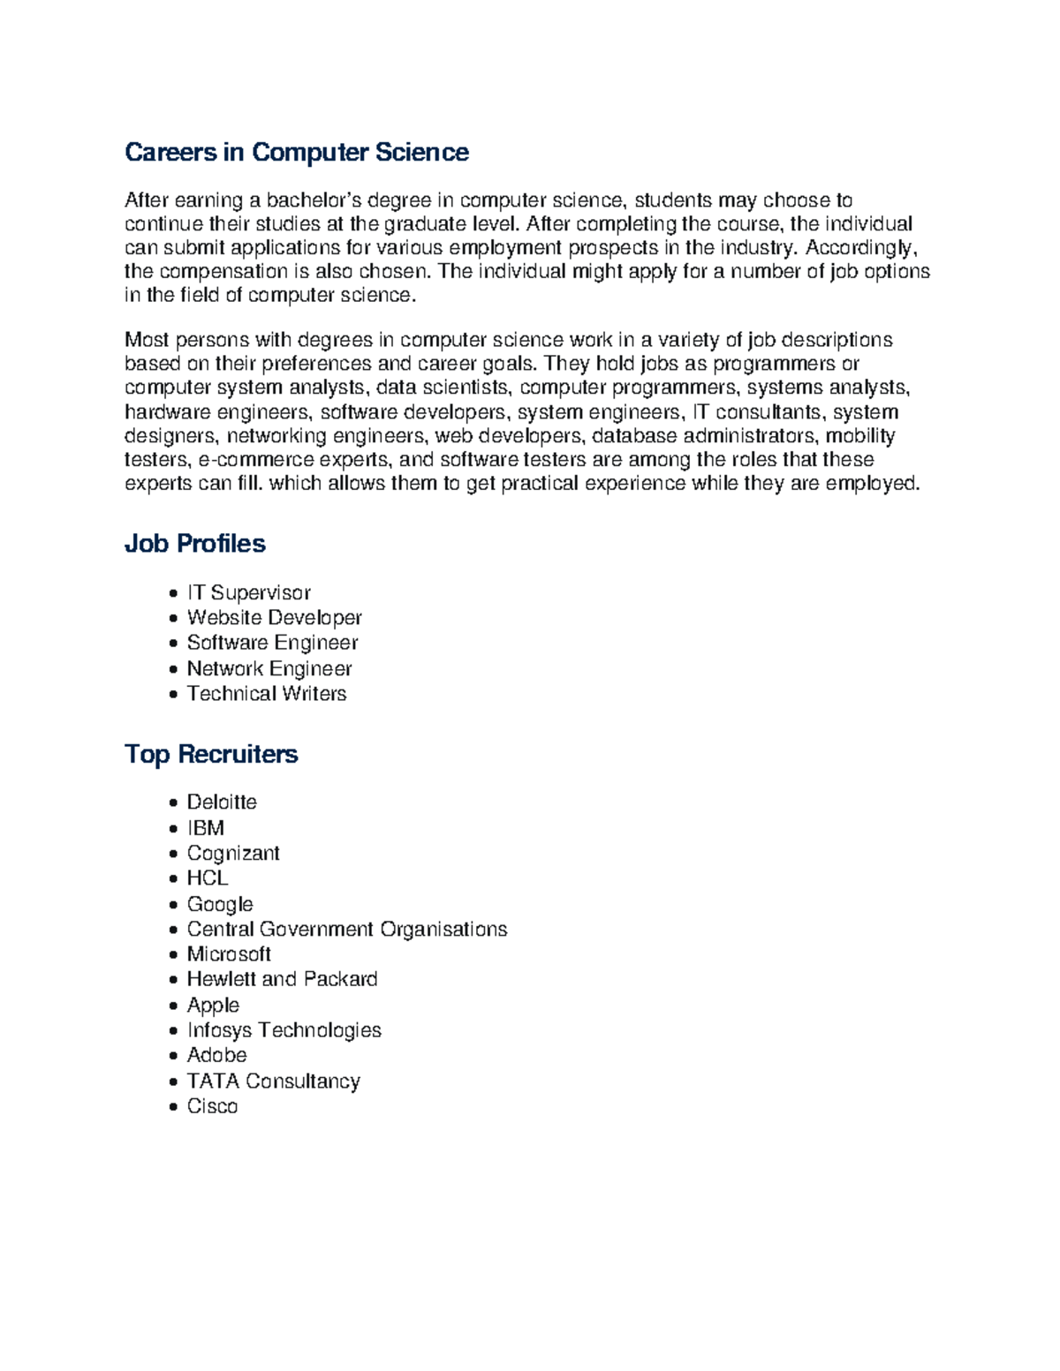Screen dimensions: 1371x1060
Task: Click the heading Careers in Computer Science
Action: point(296,153)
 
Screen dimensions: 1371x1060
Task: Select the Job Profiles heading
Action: point(194,543)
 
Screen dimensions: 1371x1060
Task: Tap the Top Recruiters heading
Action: point(211,754)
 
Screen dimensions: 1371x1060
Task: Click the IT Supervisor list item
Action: point(248,592)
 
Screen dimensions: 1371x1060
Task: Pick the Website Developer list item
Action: point(274,618)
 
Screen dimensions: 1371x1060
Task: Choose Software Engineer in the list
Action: point(272,643)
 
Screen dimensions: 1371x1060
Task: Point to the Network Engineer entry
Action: point(269,668)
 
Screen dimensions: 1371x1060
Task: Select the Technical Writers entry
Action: point(266,694)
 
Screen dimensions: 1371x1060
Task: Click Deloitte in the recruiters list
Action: point(222,802)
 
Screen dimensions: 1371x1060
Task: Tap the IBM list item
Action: point(205,828)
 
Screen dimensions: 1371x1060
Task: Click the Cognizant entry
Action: point(233,854)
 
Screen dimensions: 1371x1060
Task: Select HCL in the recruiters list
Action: point(208,878)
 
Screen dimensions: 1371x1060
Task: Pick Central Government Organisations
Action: point(346,930)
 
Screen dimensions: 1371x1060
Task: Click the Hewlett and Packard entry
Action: point(282,979)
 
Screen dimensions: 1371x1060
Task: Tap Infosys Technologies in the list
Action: point(284,1030)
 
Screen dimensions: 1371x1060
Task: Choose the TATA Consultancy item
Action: point(273,1081)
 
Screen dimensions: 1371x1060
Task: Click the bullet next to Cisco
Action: point(173,1107)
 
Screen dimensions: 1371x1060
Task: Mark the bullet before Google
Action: point(173,905)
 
